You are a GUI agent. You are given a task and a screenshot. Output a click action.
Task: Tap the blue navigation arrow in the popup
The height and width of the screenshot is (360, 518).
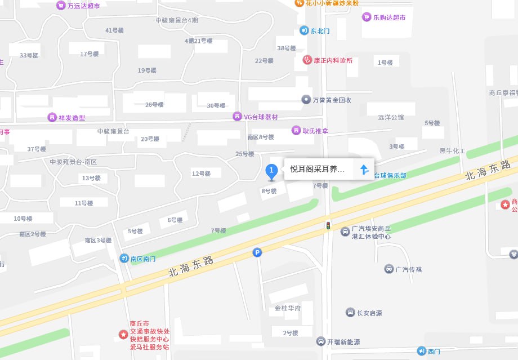364,169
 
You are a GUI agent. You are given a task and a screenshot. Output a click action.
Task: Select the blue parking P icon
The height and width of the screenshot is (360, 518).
257,254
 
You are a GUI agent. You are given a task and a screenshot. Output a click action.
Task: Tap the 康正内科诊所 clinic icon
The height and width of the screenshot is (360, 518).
307,60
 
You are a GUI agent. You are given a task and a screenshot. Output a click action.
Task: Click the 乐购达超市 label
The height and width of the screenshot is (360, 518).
389,17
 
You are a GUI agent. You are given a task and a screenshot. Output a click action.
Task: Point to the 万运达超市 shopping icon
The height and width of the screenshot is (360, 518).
60,6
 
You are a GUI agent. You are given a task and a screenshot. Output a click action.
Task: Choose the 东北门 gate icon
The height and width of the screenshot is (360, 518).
304,30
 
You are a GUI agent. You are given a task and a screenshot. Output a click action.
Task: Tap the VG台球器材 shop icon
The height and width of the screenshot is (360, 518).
237,117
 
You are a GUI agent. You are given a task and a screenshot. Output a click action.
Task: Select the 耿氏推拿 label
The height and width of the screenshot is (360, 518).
315,131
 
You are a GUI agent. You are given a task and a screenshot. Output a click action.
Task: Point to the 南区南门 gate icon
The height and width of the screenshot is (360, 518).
124,259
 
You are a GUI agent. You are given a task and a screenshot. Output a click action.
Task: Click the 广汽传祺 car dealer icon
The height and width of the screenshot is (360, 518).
389,269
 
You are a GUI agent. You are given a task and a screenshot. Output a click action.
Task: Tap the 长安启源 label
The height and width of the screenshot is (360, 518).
369,313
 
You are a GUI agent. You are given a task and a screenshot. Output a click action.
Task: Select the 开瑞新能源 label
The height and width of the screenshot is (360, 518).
343,341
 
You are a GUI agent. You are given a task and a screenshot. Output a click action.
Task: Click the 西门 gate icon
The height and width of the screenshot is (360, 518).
421,352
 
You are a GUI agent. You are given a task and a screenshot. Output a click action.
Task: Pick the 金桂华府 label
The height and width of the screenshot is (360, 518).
288,308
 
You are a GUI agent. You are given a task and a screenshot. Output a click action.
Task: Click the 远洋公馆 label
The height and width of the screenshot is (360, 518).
391,118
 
